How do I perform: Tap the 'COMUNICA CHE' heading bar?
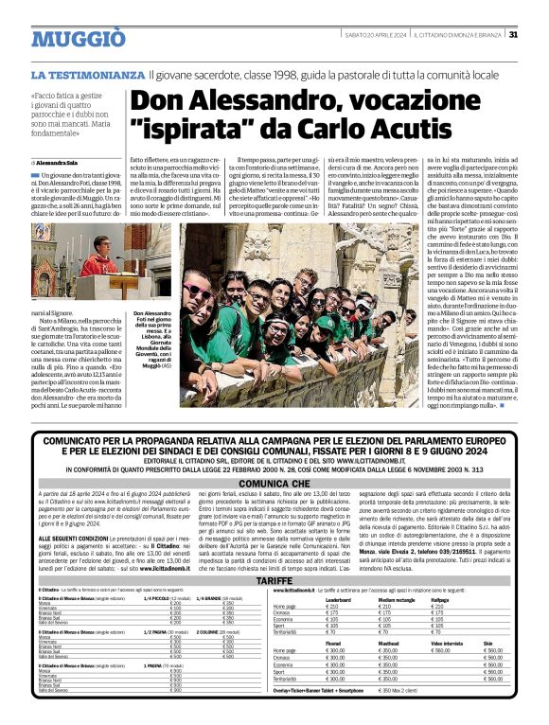coord(274,481)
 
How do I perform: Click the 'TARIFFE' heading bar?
coord(274,578)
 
